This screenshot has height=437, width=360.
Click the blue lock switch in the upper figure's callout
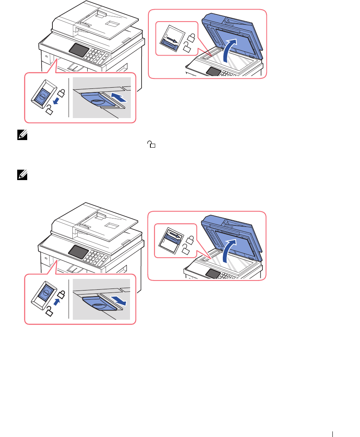42,97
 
